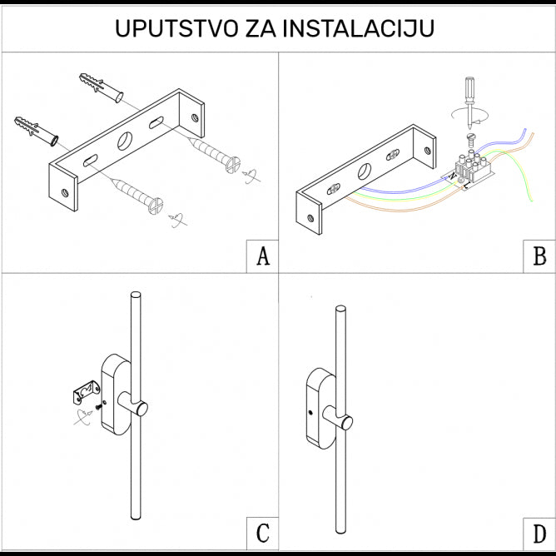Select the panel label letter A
pos(262,257)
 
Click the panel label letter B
pos(539,257)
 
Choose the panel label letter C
pos(262,533)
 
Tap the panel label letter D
pos(539,533)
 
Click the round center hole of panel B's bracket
pos(365,172)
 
